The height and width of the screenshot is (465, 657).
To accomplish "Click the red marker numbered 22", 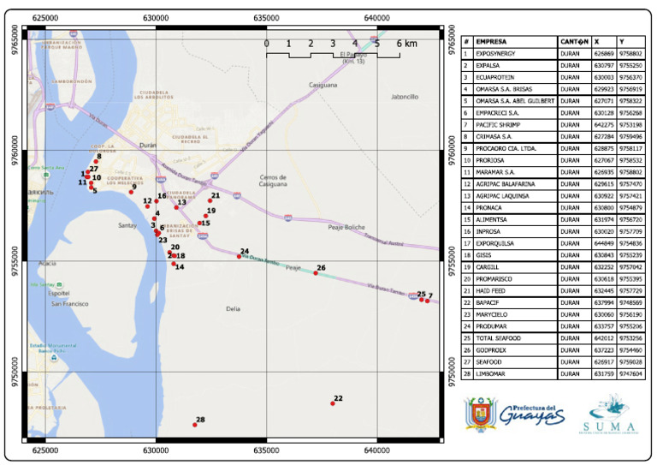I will pos(333,403).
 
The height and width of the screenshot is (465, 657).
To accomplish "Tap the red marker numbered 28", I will pos(195,425).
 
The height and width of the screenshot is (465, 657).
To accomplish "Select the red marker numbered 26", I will pos(316,273).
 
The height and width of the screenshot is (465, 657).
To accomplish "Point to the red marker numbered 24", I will pos(240,256).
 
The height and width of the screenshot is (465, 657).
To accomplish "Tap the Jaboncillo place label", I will pos(405,97).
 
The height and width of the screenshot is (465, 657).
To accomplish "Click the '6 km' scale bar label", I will pos(406,44).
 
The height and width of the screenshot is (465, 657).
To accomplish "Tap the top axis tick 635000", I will pos(266,17).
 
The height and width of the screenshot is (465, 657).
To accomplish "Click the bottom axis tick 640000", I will pos(377,449).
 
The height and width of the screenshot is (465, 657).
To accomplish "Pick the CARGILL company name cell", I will pos(490,267).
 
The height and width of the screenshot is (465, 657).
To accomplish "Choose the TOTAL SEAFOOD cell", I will pos(498,339).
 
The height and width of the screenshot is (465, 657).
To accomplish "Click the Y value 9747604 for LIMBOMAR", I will pos(630,374).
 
